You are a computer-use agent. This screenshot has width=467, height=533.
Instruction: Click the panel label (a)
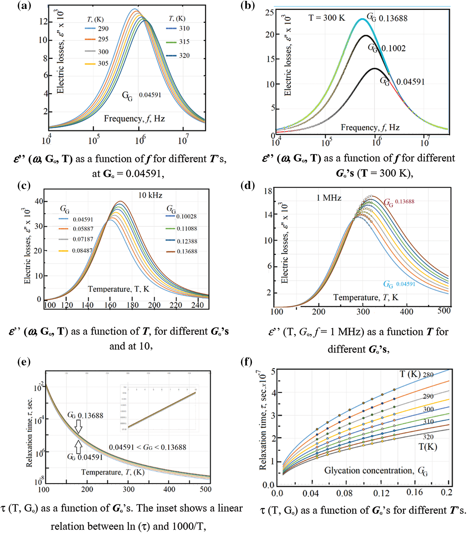(x=24, y=6)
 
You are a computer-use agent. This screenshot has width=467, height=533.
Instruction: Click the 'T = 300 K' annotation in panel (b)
(x=326, y=18)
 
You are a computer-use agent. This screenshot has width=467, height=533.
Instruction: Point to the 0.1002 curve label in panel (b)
(x=393, y=48)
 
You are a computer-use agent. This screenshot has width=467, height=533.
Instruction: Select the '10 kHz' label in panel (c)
(x=150, y=195)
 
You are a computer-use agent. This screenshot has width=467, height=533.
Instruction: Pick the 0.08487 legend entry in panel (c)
(x=82, y=250)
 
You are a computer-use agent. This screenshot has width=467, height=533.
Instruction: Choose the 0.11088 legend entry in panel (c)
(x=187, y=229)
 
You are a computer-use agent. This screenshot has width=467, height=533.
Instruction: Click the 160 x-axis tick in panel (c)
(x=110, y=305)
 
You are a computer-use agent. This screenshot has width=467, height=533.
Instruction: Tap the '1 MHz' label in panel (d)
(x=329, y=198)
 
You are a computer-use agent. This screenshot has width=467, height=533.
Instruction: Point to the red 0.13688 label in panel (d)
(x=404, y=201)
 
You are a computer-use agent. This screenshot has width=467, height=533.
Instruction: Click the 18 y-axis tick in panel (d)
(x=268, y=191)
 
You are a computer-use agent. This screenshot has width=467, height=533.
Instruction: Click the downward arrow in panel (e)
(x=78, y=427)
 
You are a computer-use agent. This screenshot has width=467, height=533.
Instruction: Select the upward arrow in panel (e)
(x=78, y=447)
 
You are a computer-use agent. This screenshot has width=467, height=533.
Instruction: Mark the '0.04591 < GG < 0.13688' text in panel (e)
(x=148, y=447)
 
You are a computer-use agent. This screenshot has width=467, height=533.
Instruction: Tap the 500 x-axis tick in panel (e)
(x=205, y=489)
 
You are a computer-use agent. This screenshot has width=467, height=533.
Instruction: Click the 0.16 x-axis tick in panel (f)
(x=414, y=492)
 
